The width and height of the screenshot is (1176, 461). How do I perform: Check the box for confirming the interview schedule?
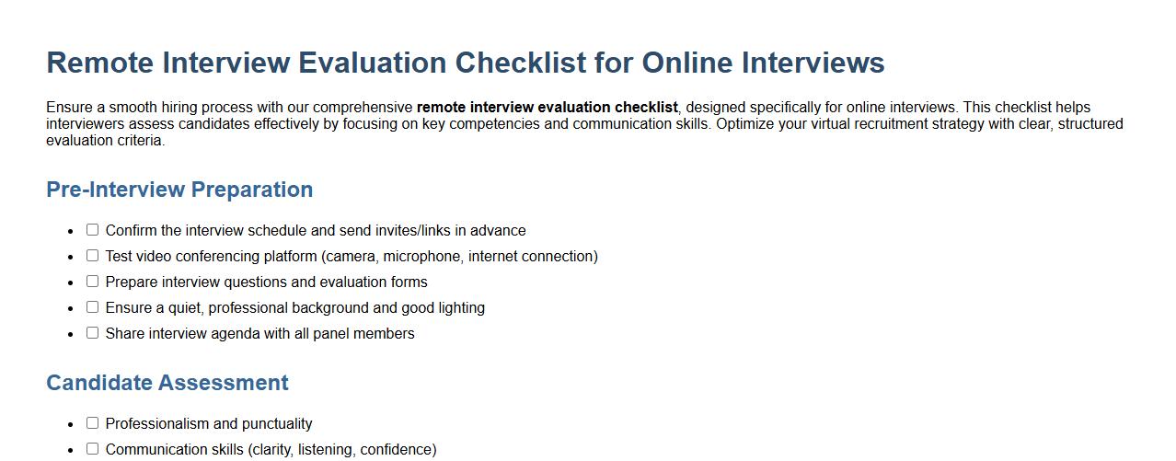(x=92, y=230)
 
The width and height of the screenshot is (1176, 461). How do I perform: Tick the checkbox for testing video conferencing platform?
(x=92, y=256)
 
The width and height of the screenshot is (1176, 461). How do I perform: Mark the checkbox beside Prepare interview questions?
(x=92, y=282)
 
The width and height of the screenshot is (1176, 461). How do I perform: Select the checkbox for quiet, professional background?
(x=92, y=307)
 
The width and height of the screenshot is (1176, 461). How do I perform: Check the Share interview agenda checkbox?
(x=92, y=333)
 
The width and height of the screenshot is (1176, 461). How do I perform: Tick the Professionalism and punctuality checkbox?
(x=92, y=423)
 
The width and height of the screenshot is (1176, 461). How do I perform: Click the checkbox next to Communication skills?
(x=92, y=449)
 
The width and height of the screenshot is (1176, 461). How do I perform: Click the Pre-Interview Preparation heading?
(x=179, y=190)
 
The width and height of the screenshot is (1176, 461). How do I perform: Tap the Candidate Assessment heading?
(x=167, y=383)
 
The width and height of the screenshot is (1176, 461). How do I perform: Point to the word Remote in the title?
(x=100, y=63)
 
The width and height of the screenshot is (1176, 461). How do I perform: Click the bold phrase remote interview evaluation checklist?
(x=547, y=108)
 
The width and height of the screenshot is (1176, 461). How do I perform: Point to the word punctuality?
(x=277, y=424)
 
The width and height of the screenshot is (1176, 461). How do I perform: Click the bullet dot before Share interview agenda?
(x=71, y=334)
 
